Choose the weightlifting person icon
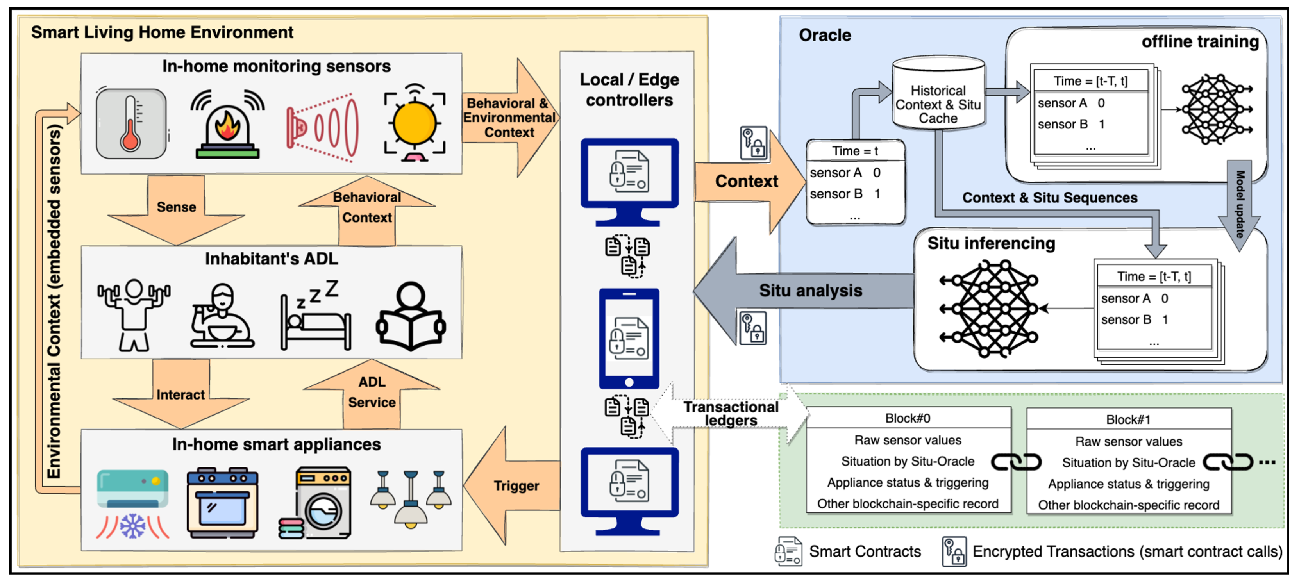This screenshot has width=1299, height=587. click(134, 315)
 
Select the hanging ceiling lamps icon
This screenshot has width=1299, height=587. click(411, 499)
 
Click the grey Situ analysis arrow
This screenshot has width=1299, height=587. click(807, 291)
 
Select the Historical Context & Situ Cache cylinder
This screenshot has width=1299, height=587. click(938, 96)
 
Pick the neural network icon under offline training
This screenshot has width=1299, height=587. click(1216, 109)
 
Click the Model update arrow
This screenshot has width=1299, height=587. click(1240, 204)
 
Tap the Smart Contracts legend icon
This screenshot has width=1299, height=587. click(788, 551)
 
